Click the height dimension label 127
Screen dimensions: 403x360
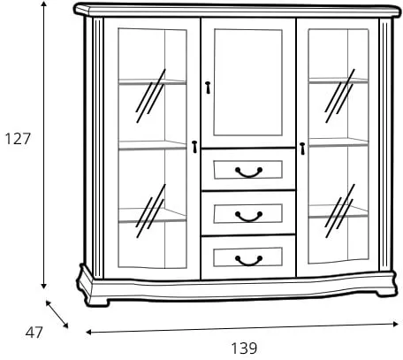(x=18, y=139)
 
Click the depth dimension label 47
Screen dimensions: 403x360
(x=34, y=333)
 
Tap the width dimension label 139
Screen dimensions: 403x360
(x=244, y=349)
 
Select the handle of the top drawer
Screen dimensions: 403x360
(x=249, y=172)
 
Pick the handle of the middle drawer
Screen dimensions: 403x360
(x=249, y=217)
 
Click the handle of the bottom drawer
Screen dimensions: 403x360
(x=249, y=260)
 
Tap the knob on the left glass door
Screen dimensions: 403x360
(x=194, y=147)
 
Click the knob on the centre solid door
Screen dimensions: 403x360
(x=208, y=88)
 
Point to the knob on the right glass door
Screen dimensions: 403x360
(x=302, y=149)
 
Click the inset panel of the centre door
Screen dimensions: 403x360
(x=248, y=82)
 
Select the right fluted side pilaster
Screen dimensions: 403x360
(x=384, y=144)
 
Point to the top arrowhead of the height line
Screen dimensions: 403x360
(x=44, y=4)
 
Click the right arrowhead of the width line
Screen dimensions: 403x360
(x=395, y=324)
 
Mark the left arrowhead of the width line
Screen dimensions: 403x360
(x=89, y=333)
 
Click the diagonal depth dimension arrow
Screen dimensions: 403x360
(x=57, y=314)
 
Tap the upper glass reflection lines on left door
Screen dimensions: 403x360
(x=150, y=96)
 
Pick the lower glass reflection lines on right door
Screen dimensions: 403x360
(x=339, y=211)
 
